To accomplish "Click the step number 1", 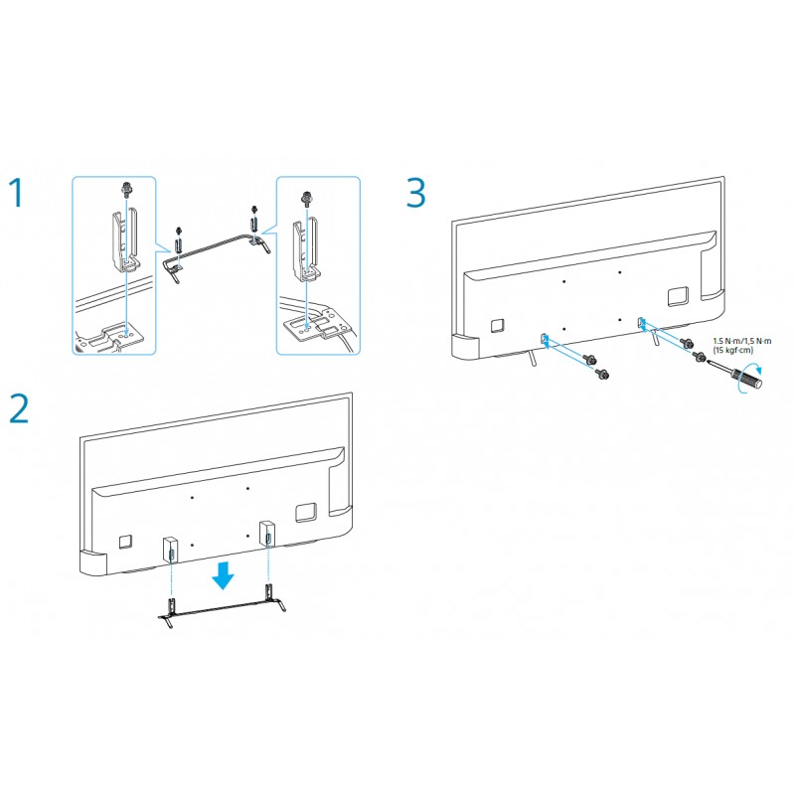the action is click(17, 192).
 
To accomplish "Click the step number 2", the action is click(19, 408).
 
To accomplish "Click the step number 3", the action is click(415, 193).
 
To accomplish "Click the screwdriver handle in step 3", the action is click(749, 378).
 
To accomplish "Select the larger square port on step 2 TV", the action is click(306, 513).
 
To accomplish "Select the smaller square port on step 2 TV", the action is click(126, 541).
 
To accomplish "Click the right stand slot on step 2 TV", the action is click(267, 534).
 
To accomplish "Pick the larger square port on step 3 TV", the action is click(678, 296).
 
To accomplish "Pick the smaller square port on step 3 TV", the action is click(498, 325).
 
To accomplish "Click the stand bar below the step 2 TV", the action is click(221, 610).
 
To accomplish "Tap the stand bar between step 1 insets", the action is click(213, 247).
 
